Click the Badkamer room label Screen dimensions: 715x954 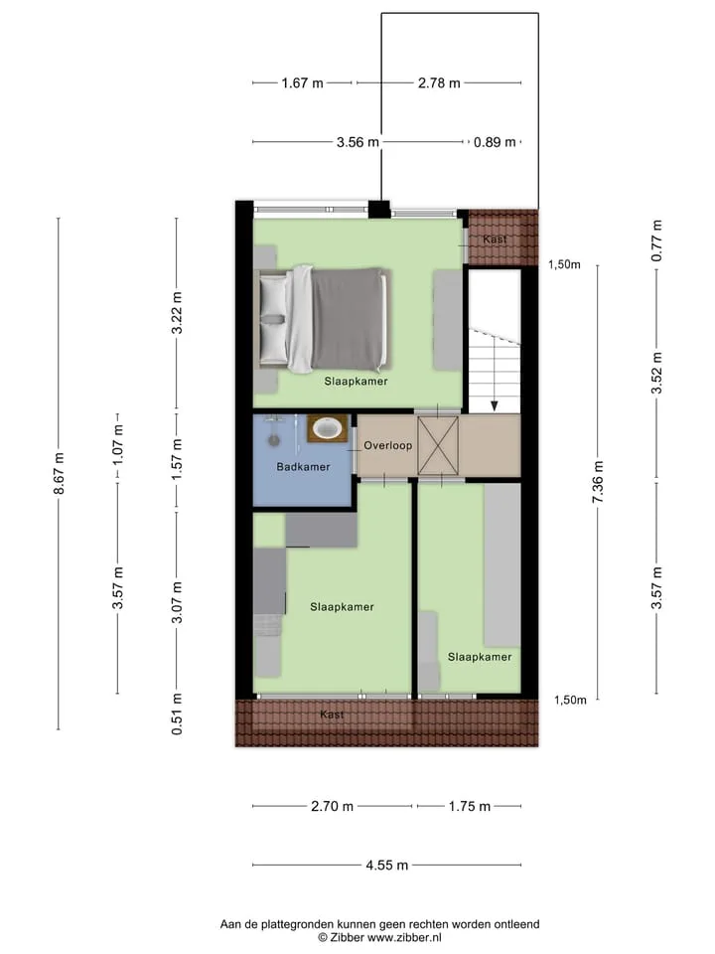(303, 467)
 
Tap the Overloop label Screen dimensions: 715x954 (388, 445)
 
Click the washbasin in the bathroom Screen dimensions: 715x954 (327, 428)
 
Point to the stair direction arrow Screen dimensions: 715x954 (495, 375)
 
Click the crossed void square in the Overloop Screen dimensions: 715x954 (438, 445)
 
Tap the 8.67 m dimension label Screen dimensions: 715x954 (59, 473)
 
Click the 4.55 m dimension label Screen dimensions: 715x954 (387, 865)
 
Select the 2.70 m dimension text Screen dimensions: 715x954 (332, 806)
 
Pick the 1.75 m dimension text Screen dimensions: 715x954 (470, 806)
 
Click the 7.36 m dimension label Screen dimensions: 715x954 (598, 482)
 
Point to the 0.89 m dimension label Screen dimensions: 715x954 (495, 142)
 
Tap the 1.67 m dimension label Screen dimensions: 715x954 (302, 82)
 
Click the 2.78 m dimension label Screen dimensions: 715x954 (439, 82)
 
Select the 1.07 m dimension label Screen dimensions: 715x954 (117, 444)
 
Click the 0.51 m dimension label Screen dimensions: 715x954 (177, 715)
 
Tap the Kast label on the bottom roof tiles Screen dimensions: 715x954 (332, 715)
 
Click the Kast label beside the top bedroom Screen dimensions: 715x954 (495, 239)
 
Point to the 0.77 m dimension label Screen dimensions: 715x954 (656, 241)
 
